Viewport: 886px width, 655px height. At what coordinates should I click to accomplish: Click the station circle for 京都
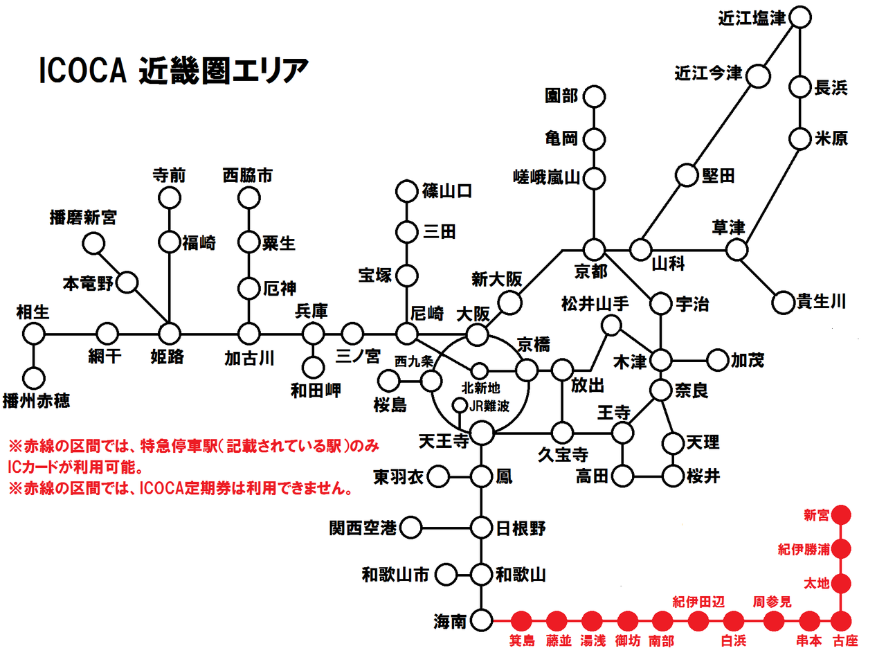594,249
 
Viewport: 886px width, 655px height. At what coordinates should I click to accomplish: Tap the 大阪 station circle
476,334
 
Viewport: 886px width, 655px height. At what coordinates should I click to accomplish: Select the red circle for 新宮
841,515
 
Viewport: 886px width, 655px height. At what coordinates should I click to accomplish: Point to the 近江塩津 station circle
799,17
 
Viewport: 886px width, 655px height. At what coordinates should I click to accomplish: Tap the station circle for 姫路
170,334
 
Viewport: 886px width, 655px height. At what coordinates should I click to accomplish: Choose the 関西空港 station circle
411,528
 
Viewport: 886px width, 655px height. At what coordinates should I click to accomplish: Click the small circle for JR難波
458,404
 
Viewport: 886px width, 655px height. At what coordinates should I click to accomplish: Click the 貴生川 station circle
782,302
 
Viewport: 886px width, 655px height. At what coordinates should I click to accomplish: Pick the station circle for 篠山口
406,190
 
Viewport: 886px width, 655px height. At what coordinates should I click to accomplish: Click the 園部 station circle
594,96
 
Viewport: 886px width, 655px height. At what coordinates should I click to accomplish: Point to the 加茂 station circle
718,359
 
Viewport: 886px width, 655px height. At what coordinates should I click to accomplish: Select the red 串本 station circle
808,620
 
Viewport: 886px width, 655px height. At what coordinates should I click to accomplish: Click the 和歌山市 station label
395,574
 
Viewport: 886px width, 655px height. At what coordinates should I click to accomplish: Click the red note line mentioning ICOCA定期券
180,489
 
